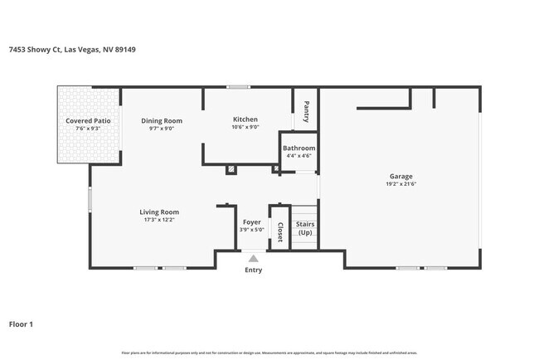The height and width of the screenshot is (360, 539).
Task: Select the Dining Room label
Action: (x=162, y=121)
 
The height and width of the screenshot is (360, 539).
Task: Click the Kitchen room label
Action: (x=245, y=120)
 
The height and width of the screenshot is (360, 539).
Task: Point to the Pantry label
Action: (x=306, y=112)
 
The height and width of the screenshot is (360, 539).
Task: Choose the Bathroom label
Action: (x=299, y=148)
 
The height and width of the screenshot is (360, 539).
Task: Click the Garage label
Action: (x=401, y=176)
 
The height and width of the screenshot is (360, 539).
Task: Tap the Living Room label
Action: (x=159, y=212)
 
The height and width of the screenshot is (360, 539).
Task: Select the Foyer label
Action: (x=251, y=222)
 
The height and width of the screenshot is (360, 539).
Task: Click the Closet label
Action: (x=280, y=232)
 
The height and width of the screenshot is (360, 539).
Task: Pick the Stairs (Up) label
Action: (x=305, y=228)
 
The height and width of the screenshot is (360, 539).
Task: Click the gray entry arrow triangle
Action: (x=253, y=259)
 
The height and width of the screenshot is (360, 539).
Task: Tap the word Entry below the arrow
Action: (x=253, y=270)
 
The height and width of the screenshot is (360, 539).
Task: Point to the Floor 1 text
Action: (x=21, y=324)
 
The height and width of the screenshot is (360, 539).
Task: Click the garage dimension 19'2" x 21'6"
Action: (x=401, y=184)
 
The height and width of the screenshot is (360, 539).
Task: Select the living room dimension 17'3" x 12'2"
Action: (x=159, y=220)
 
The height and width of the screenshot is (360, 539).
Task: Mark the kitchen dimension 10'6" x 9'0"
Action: (x=245, y=128)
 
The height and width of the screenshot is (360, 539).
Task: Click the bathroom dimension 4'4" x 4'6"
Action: (x=299, y=156)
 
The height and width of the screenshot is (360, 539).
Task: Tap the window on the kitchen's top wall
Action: (x=239, y=86)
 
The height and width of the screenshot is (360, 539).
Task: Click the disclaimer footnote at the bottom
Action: (x=269, y=353)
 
